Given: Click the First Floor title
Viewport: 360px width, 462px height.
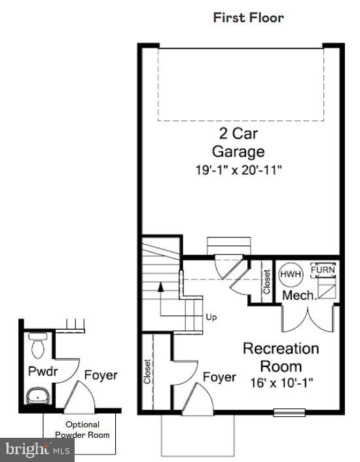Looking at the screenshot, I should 249,18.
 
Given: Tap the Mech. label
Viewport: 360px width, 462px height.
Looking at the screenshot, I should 300,295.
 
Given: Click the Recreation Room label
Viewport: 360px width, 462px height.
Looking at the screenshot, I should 281,357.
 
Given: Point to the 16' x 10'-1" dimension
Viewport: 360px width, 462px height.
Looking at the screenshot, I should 281,383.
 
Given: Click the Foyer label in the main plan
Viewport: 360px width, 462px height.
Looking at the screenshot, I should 220,377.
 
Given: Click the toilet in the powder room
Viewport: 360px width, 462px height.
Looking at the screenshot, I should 37,342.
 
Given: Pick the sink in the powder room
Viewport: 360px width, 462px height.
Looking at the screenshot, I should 37,395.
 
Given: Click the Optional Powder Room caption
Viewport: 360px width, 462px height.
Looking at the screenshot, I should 82,429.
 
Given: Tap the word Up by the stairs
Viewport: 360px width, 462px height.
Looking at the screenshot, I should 211,317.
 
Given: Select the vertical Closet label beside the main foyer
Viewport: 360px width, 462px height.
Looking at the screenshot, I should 148,371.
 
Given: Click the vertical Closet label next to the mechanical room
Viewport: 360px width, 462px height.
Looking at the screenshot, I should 266,282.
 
